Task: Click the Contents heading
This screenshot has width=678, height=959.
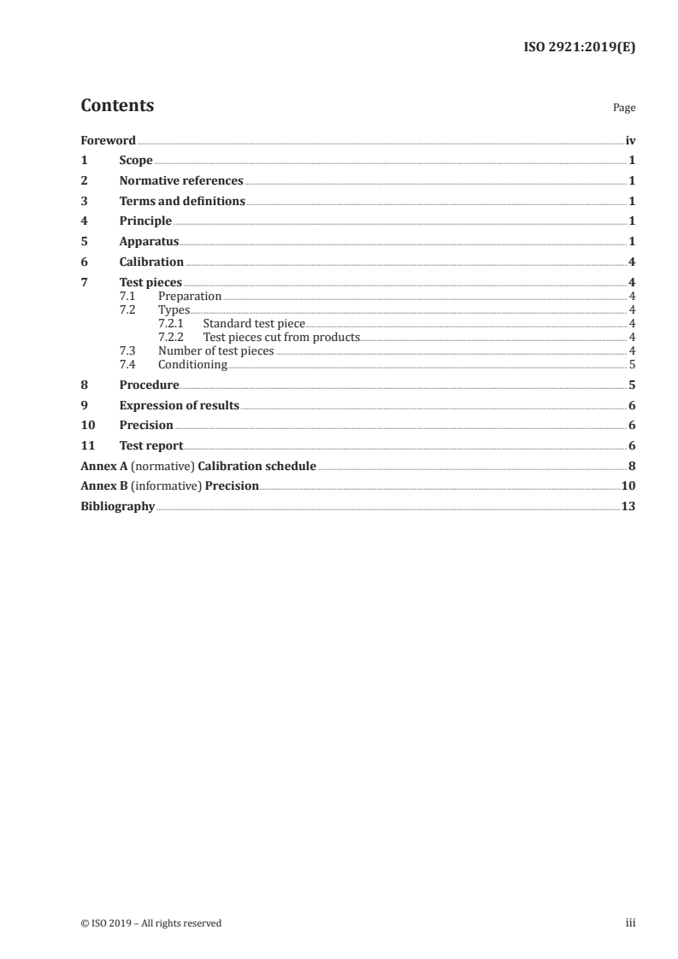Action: tap(117, 106)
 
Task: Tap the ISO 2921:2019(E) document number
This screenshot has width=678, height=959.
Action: tap(579, 48)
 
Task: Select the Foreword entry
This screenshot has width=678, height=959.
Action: tap(108, 140)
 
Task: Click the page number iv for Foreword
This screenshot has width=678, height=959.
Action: tap(630, 140)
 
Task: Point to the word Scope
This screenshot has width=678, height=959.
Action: tap(136, 161)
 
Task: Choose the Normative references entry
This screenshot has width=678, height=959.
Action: tap(181, 181)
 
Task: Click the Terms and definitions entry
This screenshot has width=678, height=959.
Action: tap(182, 202)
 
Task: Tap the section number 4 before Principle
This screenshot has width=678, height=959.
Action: tap(84, 222)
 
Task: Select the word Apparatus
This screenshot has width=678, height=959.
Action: tap(149, 242)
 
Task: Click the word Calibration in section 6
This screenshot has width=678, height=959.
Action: tap(151, 262)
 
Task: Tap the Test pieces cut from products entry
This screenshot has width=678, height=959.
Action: tap(281, 338)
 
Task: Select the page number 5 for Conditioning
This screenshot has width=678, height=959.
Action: tap(632, 365)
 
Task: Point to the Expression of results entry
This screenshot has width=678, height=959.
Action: tap(180, 405)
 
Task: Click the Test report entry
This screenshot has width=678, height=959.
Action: tap(151, 445)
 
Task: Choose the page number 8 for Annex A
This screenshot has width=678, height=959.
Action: tap(632, 467)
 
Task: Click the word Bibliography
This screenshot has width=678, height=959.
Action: tap(117, 507)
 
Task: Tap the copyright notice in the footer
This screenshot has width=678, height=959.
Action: tap(150, 923)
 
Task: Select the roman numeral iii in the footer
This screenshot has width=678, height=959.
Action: tap(631, 923)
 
